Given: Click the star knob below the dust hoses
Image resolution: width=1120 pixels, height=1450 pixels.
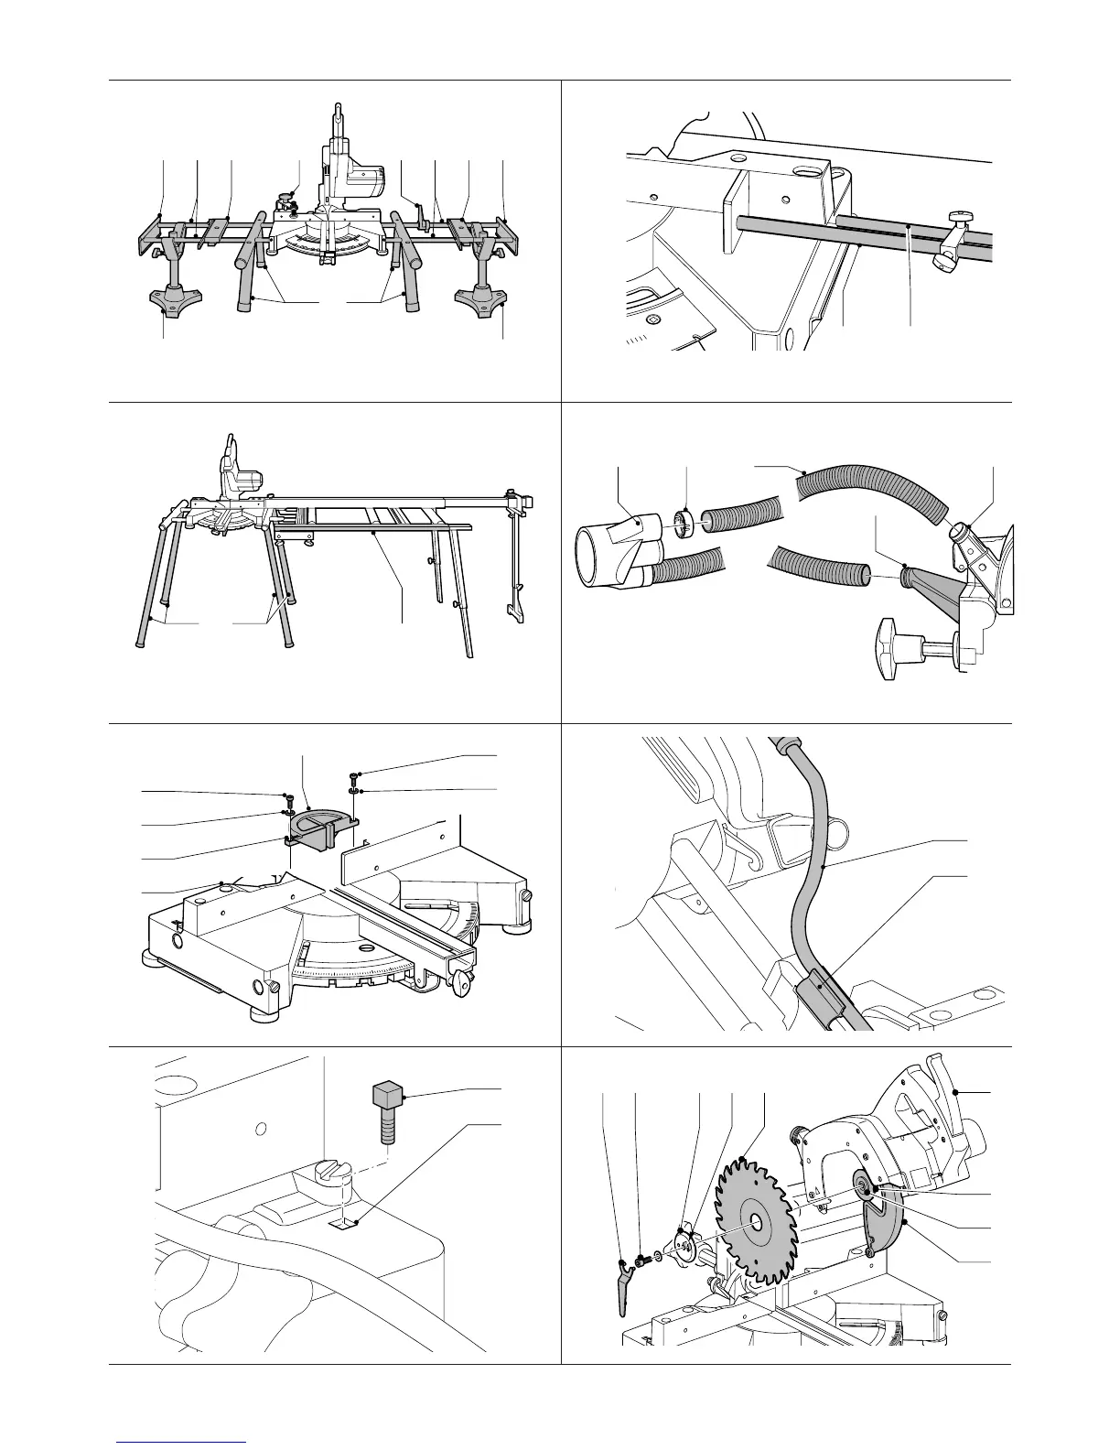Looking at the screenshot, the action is click(x=894, y=648).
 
